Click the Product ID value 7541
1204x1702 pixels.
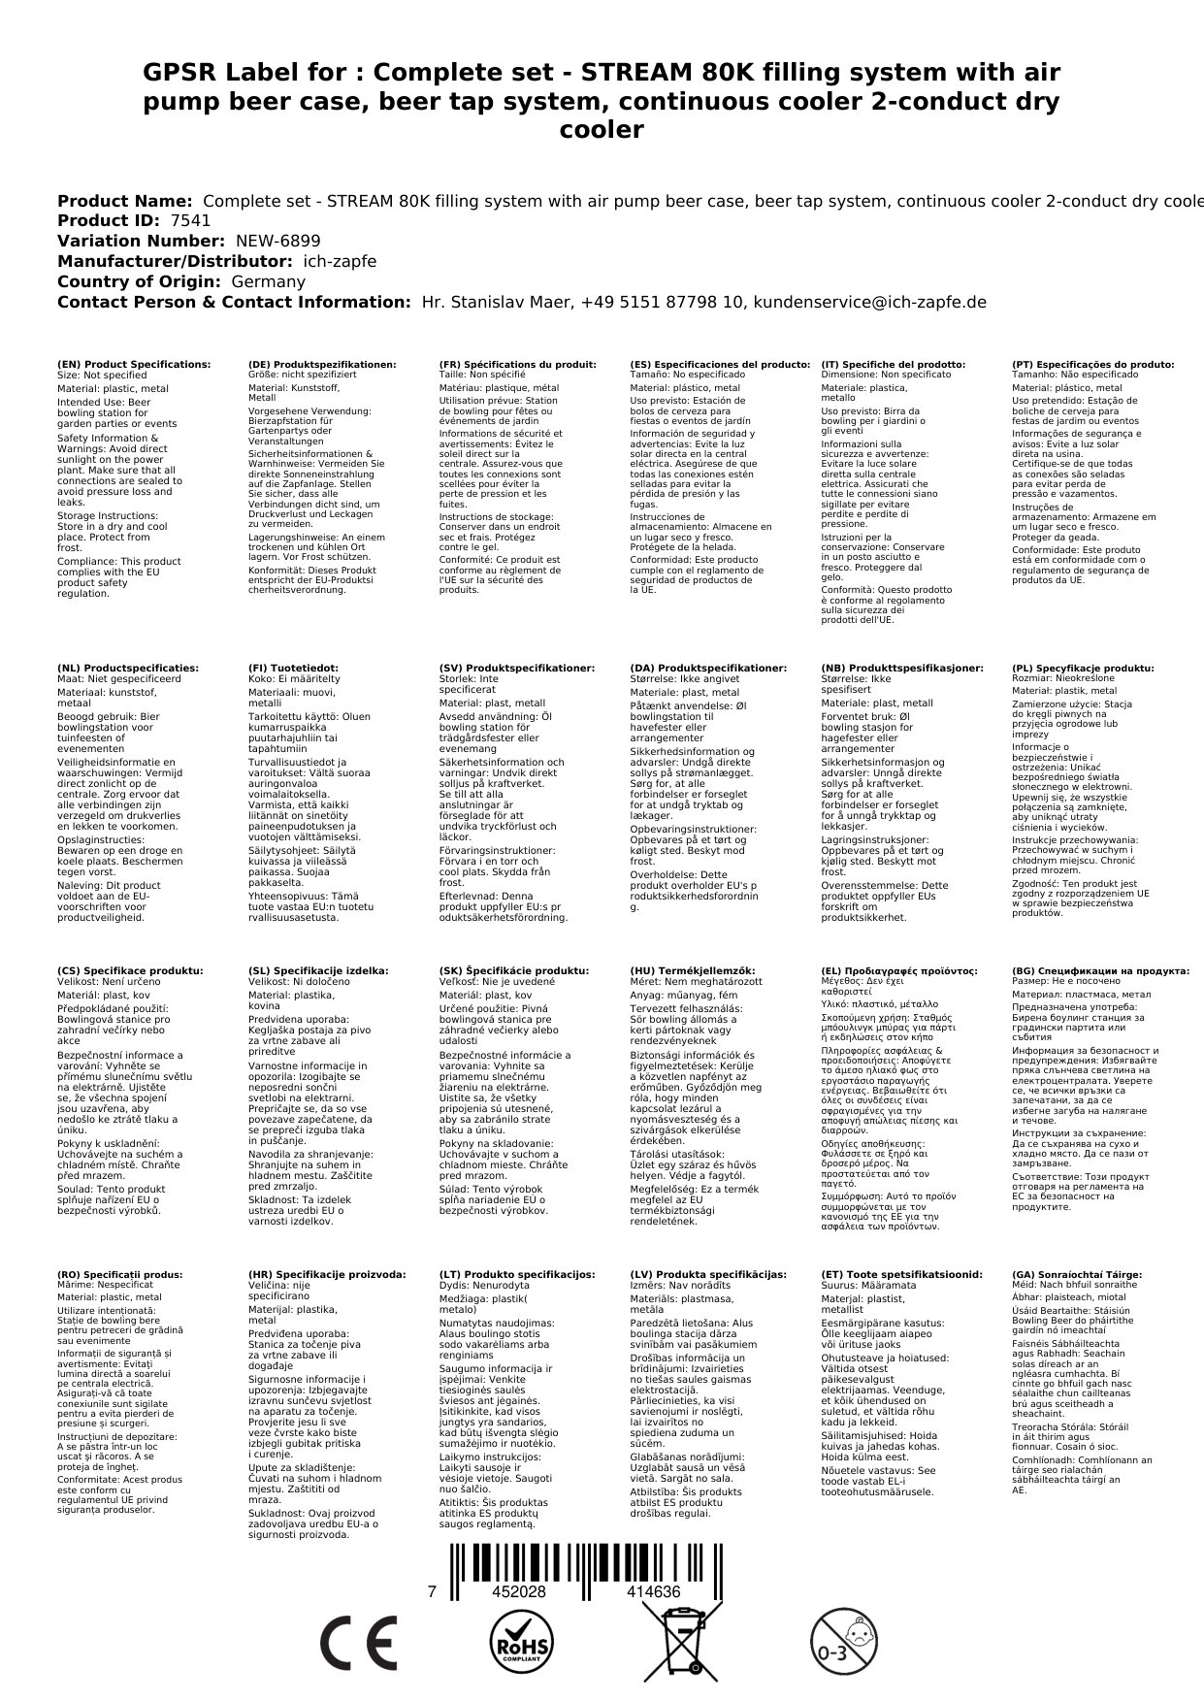(x=190, y=221)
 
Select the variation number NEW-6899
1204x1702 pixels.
(x=277, y=242)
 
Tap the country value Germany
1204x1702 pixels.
(x=268, y=282)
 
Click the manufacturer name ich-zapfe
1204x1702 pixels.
(x=340, y=262)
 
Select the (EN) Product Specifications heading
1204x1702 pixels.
(x=134, y=365)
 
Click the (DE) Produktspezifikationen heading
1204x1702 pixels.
(x=322, y=365)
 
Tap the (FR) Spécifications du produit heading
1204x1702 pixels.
(x=517, y=365)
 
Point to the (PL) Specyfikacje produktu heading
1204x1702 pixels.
(x=1083, y=669)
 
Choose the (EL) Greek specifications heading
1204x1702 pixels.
(x=899, y=971)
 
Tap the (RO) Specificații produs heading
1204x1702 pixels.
(x=120, y=1275)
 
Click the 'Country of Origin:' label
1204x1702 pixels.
(x=140, y=282)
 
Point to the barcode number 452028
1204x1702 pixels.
(x=519, y=1592)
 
